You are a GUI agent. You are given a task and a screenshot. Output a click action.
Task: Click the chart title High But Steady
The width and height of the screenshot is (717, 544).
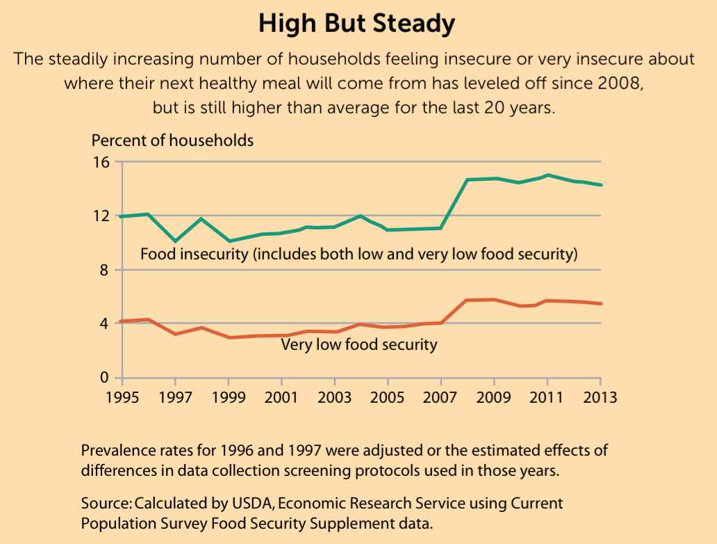pos(357,24)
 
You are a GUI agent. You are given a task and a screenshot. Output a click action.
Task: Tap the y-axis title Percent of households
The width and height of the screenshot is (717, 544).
pos(172,141)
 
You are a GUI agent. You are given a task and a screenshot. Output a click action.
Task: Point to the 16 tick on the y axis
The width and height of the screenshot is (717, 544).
pos(101,162)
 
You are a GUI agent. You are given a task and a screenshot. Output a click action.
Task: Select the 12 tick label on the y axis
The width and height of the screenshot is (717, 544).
pos(101,216)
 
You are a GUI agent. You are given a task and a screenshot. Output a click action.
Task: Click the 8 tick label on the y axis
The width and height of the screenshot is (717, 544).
pos(106,270)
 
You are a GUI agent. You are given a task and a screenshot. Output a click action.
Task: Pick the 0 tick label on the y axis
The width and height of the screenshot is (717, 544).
pos(106,378)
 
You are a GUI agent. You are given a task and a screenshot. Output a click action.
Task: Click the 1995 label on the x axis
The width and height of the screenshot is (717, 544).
pos(122,398)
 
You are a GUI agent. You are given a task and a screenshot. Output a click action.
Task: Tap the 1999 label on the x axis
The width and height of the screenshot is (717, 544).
pos(229,398)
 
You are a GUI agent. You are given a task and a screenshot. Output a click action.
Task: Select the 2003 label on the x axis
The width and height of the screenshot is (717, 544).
pos(335,398)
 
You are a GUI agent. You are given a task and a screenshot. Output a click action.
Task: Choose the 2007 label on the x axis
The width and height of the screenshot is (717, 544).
pos(441,398)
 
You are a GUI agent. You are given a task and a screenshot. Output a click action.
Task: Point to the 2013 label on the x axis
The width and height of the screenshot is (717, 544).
pos(600,398)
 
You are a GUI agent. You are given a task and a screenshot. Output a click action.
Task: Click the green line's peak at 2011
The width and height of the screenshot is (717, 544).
pos(547,175)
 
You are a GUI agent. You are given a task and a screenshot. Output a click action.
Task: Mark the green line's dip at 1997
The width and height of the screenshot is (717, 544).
pos(176,241)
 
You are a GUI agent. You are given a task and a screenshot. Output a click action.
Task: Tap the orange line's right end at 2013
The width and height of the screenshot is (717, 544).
pos(600,304)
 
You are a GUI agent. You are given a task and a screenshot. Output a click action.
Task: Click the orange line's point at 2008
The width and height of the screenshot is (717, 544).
pos(468,301)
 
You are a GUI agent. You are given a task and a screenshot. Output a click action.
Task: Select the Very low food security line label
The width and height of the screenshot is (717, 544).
pos(358,344)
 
